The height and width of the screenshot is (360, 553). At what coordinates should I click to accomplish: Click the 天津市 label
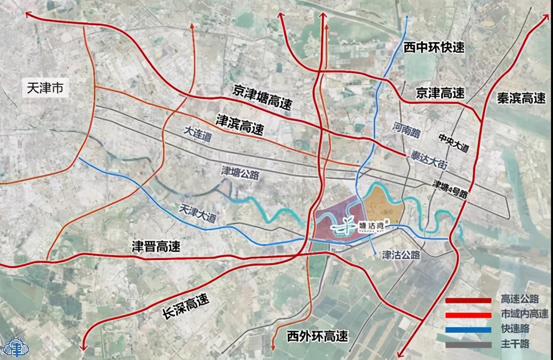[x=44, y=90]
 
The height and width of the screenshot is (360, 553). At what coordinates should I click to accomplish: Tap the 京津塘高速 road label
[x=263, y=97]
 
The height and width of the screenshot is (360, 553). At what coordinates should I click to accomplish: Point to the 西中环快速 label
[x=434, y=47]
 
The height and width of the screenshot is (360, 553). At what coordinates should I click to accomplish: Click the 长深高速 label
[x=186, y=307]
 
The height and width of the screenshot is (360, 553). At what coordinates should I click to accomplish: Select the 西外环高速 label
[x=318, y=337]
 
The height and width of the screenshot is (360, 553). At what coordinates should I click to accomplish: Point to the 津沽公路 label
[x=401, y=255]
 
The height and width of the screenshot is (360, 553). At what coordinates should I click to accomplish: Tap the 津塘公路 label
[x=241, y=174]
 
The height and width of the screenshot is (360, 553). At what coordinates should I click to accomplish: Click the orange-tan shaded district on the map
[x=383, y=203]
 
